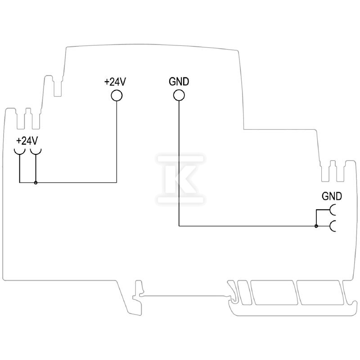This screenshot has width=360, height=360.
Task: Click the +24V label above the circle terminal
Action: (115, 82)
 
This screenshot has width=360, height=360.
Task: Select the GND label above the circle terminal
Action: (179, 82)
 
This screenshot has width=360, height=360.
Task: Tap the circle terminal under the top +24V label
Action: (117, 95)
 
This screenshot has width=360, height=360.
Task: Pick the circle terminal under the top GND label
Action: (179, 95)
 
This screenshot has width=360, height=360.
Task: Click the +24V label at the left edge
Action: (27, 141)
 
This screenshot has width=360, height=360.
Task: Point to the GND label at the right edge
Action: (332, 196)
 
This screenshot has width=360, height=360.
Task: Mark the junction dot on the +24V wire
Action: (36, 183)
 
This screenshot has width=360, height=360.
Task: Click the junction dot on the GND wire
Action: (316, 226)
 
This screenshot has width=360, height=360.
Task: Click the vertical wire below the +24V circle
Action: (117, 142)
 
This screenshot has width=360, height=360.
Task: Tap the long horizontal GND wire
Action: (247, 226)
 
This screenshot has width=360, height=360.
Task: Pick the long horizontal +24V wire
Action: (68, 183)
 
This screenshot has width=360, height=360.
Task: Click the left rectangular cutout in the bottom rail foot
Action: (274, 292)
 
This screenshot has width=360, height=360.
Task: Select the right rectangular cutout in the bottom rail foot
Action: (320, 292)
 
